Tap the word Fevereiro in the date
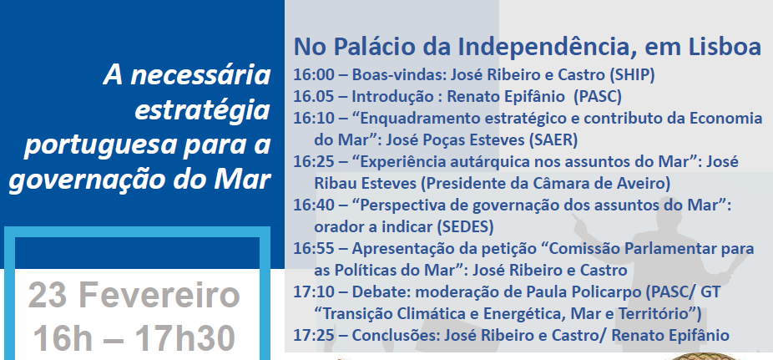click(x=159, y=295)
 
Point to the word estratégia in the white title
click(x=202, y=111)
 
